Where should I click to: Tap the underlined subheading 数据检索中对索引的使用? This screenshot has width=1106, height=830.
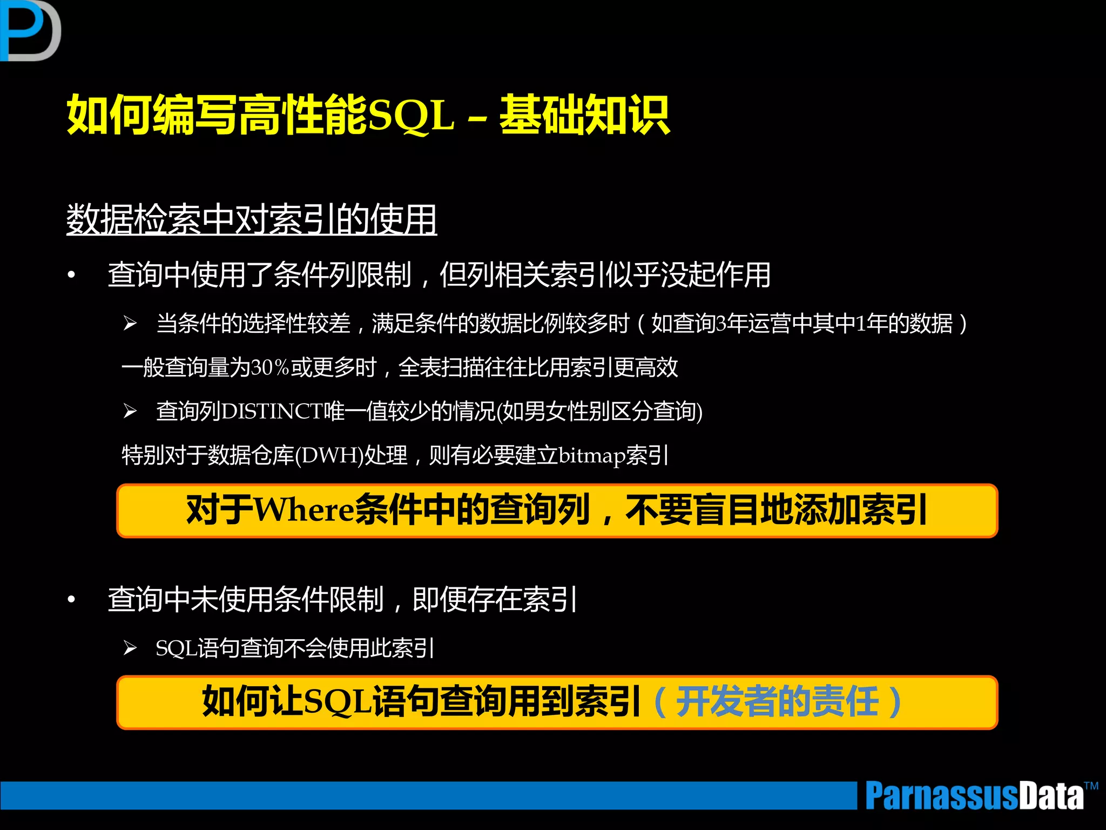tap(252, 219)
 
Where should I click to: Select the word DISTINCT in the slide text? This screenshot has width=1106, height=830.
tap(272, 412)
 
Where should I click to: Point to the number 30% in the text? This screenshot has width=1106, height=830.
tap(271, 368)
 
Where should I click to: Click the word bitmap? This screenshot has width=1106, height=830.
tap(591, 456)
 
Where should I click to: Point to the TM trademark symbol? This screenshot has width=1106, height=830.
tap(1091, 786)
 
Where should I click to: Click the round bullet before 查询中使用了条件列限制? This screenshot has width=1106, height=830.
tap(71, 275)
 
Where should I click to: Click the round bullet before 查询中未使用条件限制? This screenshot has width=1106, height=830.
tap(71, 599)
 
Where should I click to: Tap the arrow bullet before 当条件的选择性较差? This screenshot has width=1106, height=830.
tap(130, 324)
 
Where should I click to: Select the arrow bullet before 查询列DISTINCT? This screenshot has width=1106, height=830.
tap(130, 411)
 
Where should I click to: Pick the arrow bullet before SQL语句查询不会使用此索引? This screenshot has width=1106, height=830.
tap(130, 648)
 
